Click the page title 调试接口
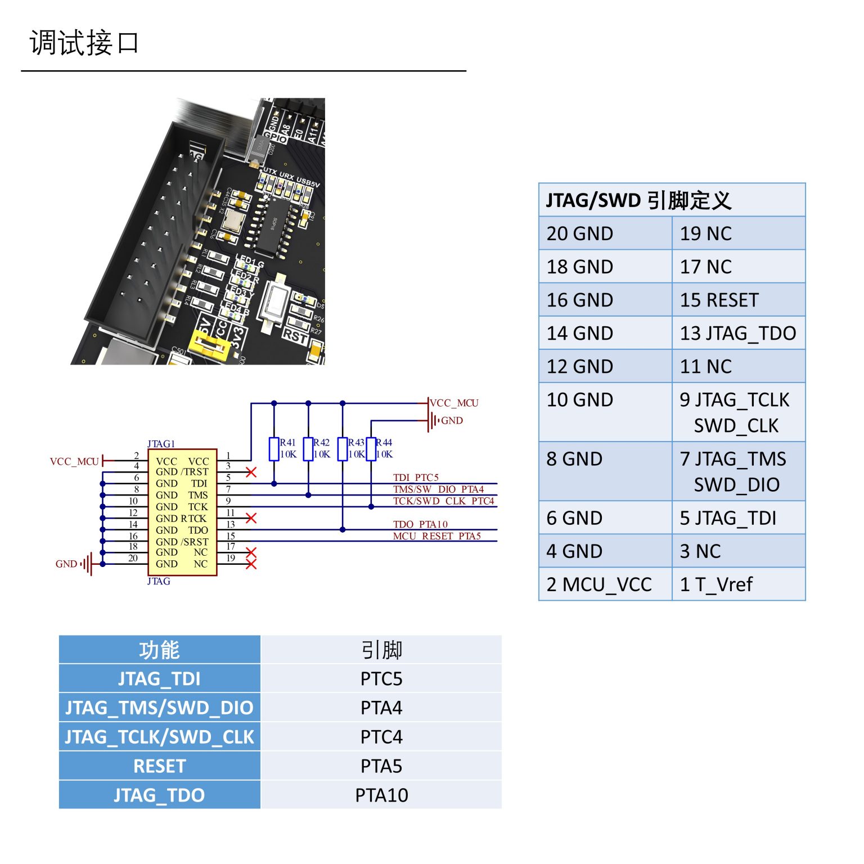coord(84,43)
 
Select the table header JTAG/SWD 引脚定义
coord(638,200)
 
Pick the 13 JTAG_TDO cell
coord(737,333)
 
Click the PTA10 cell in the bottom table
coord(381,795)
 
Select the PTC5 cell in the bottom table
coord(381,679)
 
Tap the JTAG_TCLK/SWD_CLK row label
coord(159,737)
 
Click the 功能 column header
coord(159,650)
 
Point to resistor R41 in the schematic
coord(274,449)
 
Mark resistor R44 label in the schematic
coord(384,443)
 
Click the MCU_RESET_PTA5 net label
coord(436,536)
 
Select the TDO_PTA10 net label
coord(420,524)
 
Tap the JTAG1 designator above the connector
coord(161,444)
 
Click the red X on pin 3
coord(251,472)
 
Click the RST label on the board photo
coord(295,336)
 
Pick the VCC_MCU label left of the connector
coord(74,462)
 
